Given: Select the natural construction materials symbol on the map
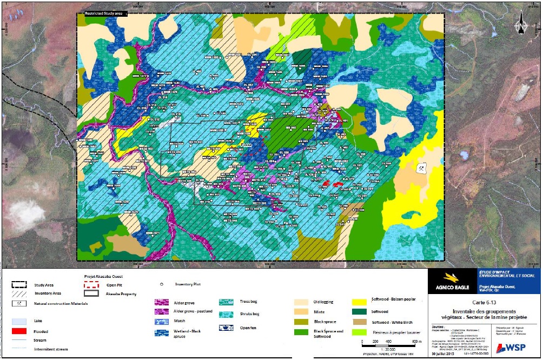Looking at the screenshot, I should [421, 168].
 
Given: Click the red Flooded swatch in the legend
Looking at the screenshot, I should [22, 330].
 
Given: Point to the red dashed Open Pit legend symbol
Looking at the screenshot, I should [95, 284].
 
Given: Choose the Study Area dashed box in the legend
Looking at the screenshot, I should [22, 284].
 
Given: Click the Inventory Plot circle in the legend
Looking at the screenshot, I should [162, 284].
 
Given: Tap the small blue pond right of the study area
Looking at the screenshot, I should [463, 156].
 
